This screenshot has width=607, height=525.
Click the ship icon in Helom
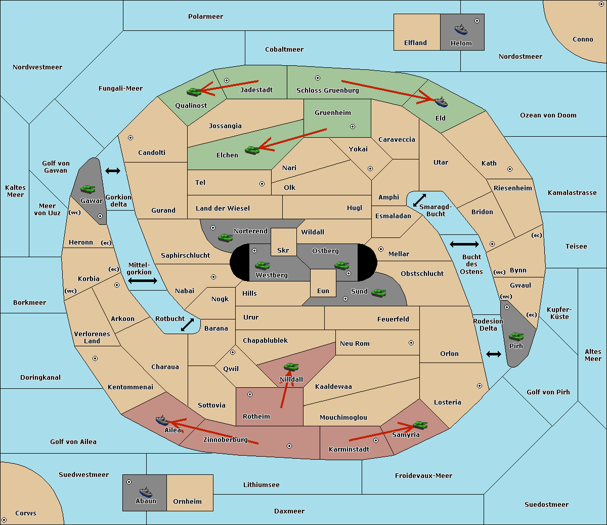(461, 29)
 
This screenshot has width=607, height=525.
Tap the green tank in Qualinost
(194, 92)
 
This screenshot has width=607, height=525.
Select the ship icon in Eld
(441, 102)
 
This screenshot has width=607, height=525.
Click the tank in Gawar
(88, 189)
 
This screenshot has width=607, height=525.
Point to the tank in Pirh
(516, 336)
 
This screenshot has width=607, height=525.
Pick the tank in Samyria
(420, 425)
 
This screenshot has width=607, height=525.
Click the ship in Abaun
(146, 492)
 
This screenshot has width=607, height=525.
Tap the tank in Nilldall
(291, 367)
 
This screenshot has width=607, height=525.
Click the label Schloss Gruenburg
(327, 91)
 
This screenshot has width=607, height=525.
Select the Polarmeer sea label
(205, 17)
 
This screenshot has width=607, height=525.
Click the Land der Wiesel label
(223, 208)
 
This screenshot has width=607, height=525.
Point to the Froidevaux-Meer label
(423, 476)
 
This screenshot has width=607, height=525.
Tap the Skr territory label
(283, 250)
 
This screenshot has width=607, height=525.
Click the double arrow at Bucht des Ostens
(464, 245)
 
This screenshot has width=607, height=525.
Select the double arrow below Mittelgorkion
(143, 280)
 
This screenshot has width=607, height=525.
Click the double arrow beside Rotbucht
(188, 325)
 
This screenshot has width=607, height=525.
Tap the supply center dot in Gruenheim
(353, 127)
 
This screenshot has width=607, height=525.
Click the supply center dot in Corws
(4, 520)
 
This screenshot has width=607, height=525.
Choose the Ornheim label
(187, 502)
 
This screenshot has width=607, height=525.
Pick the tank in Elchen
(252, 150)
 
